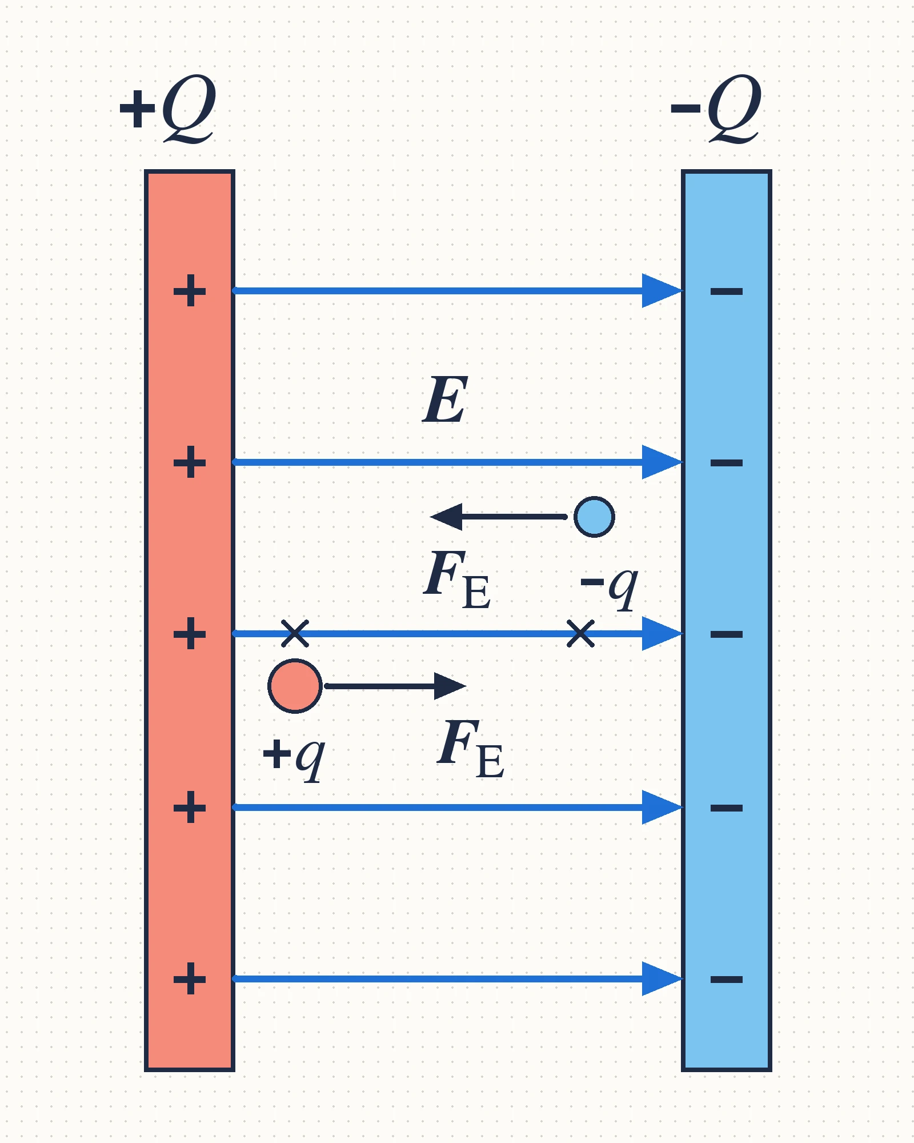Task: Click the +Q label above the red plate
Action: pos(168,108)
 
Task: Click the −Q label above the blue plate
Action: pos(716,108)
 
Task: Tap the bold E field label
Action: pos(446,400)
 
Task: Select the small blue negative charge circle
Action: pos(594,517)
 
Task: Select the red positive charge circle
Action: pos(295,686)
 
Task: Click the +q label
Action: pos(294,758)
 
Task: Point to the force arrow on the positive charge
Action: pos(395,686)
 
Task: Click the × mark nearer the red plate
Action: pos(295,633)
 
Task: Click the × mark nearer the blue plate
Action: pos(580,633)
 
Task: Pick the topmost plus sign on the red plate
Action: pos(190,291)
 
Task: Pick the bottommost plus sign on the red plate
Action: pos(190,979)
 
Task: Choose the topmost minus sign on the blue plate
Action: pos(727,291)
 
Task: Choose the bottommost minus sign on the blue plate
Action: pos(727,980)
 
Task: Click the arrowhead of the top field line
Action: pos(663,291)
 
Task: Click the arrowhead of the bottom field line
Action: pos(663,979)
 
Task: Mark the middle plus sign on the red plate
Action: pos(190,634)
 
